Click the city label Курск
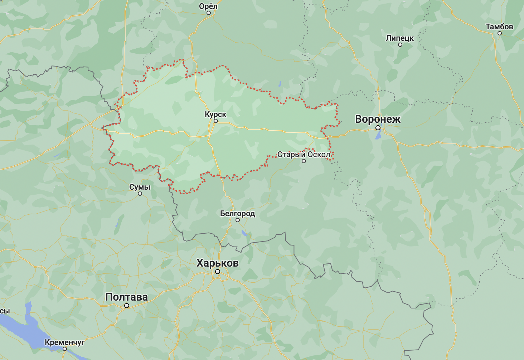pos(215,115)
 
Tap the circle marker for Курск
pos(216,121)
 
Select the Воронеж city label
pos(378,119)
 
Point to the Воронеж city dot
pos(378,128)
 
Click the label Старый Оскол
pos(304,155)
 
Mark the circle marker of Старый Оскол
pos(304,161)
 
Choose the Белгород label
pos(237,214)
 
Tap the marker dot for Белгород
pos(238,220)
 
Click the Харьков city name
pos(217,263)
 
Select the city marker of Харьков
pos(217,272)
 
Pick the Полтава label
pos(126,297)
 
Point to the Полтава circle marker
pos(127,306)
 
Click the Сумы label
pos(140,187)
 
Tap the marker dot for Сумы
pos(140,194)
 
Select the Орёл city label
pos(208,6)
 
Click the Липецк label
pos(400,38)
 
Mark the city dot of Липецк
pos(400,45)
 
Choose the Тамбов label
pos(499,26)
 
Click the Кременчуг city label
pos(64,342)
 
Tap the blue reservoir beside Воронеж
pos(378,135)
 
